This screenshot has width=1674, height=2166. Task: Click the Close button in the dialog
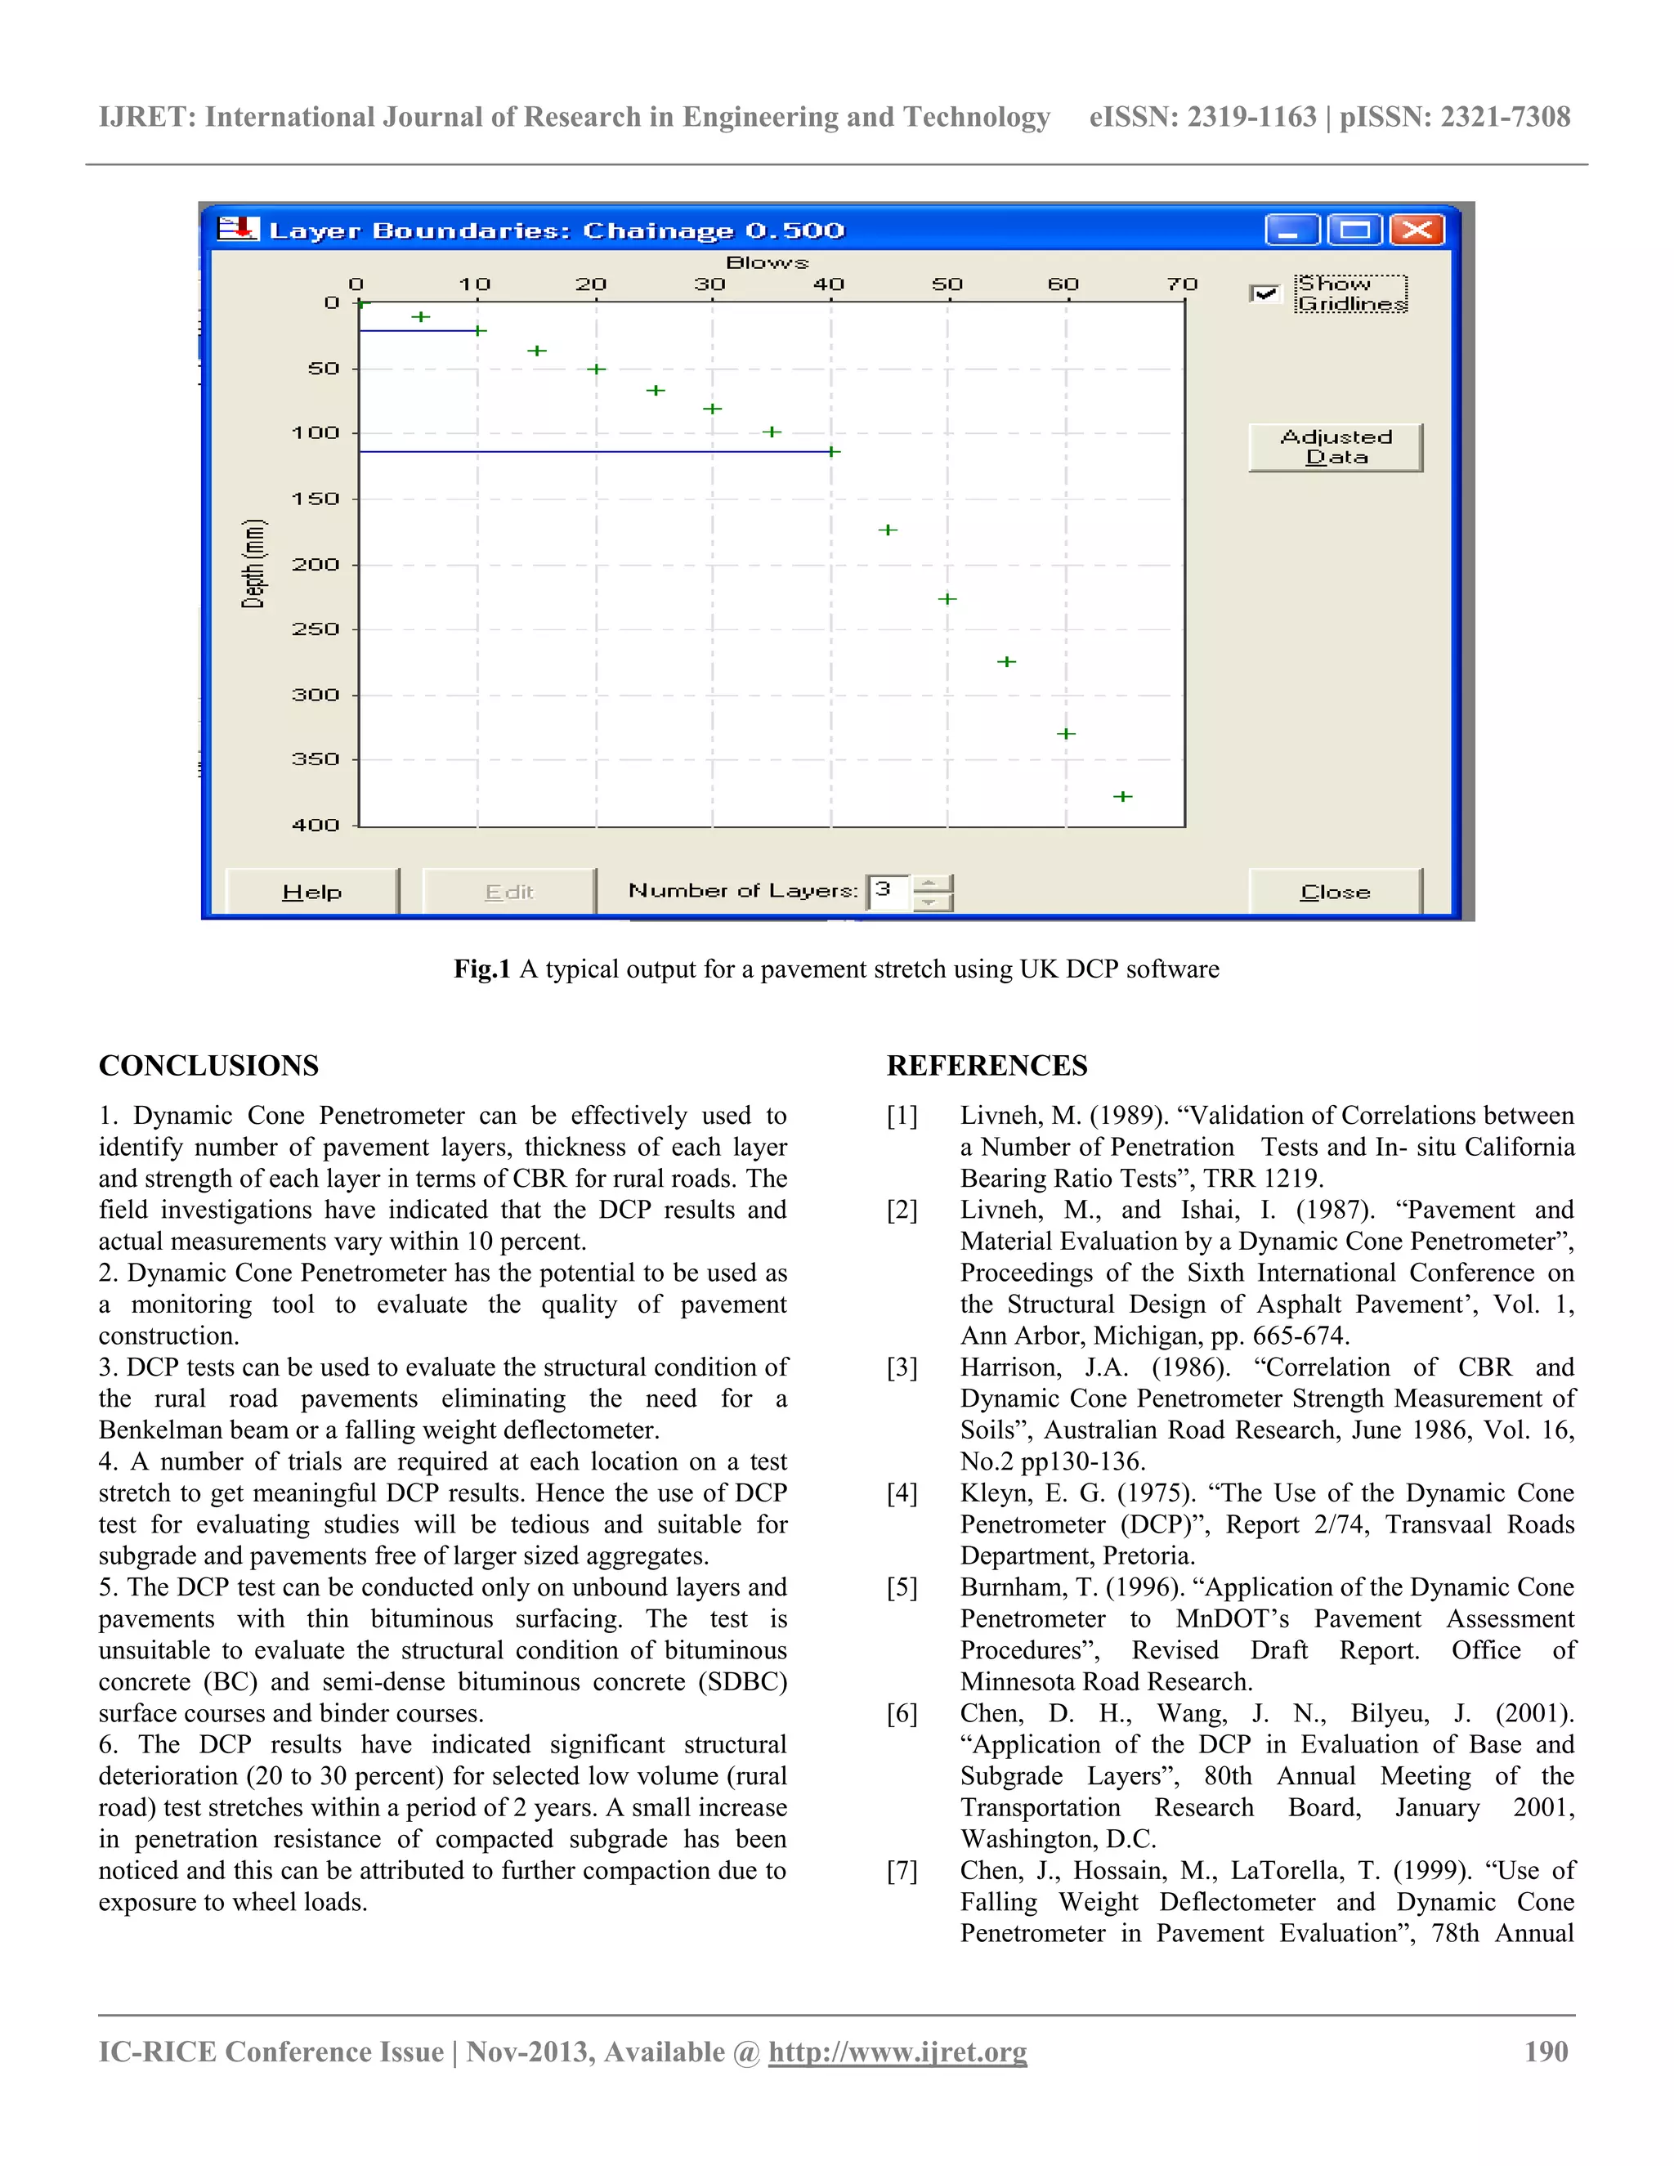pyautogui.click(x=1334, y=891)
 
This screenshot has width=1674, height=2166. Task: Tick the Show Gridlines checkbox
pyautogui.click(x=1264, y=293)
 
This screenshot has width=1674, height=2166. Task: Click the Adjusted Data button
pyautogui.click(x=1335, y=447)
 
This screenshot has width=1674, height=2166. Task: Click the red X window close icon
pyautogui.click(x=1417, y=230)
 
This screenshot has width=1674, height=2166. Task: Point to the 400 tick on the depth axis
pyautogui.click(x=316, y=824)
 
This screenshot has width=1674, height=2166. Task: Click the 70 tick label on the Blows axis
pyautogui.click(x=1181, y=284)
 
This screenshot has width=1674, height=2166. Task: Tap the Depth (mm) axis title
pyautogui.click(x=254, y=563)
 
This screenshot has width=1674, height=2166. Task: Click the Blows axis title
pyautogui.click(x=767, y=263)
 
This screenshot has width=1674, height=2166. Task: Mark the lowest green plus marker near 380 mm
pyautogui.click(x=1122, y=795)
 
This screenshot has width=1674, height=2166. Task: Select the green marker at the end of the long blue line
pyautogui.click(x=833, y=451)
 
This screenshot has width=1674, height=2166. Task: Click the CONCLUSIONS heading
pyautogui.click(x=208, y=1065)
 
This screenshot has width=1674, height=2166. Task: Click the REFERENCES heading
pyautogui.click(x=987, y=1065)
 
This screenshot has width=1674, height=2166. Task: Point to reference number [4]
pyautogui.click(x=902, y=1492)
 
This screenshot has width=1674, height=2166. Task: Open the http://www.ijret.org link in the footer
pyautogui.click(x=897, y=2051)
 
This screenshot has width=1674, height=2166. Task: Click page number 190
pyautogui.click(x=1546, y=2051)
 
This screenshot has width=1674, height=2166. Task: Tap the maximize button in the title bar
pyautogui.click(x=1354, y=230)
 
